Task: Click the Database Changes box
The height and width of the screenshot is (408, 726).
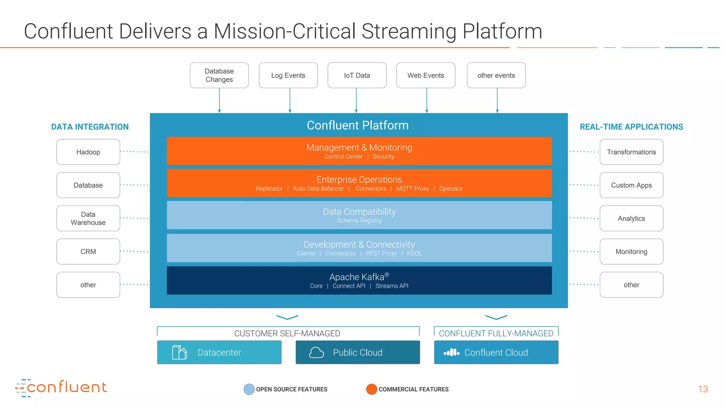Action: pos(219,75)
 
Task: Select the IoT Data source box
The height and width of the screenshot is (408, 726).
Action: pos(357,75)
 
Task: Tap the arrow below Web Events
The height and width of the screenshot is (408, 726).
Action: pos(426,101)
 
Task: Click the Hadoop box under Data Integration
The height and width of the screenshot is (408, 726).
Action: pos(88,152)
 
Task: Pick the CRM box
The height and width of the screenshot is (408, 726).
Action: pos(88,251)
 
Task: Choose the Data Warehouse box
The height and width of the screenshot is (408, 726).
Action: pos(88,219)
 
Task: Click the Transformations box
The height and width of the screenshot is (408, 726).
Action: pos(631,152)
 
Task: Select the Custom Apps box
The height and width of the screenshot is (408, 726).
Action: pos(631,185)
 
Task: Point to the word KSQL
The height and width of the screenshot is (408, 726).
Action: pos(414,254)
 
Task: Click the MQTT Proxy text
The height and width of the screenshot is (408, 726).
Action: pos(413,189)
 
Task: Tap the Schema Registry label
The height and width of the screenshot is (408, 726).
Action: pos(359,221)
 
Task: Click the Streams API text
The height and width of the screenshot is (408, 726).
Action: pos(392,286)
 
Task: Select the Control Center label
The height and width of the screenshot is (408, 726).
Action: pos(343,157)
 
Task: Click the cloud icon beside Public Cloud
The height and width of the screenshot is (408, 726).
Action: pos(316,353)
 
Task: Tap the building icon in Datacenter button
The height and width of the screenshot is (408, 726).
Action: pos(179,353)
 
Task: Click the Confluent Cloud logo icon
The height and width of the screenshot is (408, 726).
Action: pos(451,353)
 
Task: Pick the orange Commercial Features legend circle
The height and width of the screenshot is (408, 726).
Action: pos(371,389)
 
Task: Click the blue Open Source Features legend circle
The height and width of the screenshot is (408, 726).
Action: pos(249,389)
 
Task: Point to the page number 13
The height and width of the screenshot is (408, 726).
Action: pos(703,389)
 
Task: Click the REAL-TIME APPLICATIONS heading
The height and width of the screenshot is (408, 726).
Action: pos(631,127)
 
